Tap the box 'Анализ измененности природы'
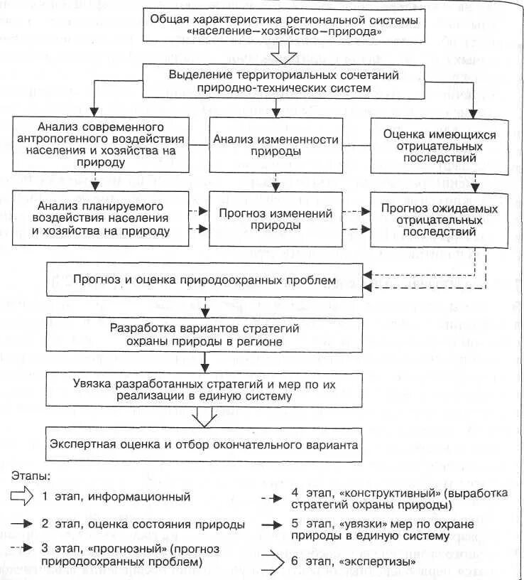278,144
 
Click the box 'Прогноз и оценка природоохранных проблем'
203,280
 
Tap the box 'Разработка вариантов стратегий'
203,334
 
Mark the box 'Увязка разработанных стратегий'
203,389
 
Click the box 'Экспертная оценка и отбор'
203,445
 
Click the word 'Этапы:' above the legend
31,475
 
